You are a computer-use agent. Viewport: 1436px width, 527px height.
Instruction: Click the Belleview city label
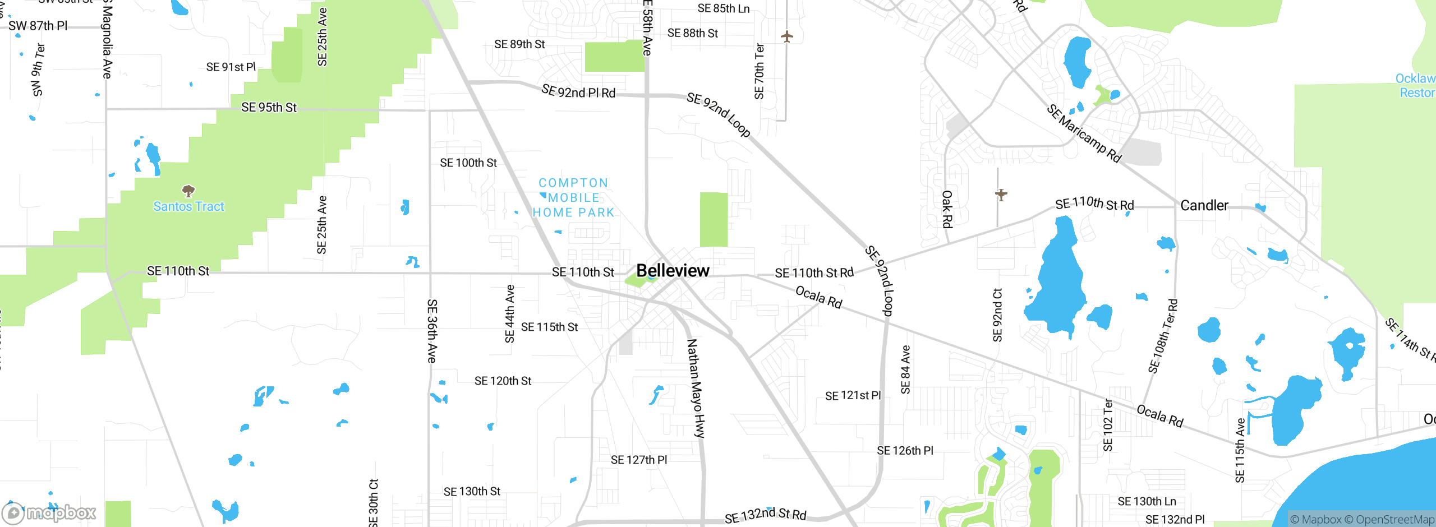tap(673, 271)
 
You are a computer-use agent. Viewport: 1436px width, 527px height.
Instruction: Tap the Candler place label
tap(1204, 206)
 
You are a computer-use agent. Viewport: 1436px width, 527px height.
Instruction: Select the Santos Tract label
tap(188, 206)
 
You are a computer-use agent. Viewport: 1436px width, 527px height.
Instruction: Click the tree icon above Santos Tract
tap(188, 191)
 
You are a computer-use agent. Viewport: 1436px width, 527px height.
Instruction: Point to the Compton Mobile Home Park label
tap(573, 198)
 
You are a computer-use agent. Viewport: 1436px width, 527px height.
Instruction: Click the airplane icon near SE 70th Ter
tap(787, 37)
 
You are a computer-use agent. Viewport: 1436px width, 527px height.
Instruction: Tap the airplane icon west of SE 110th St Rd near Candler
tap(1001, 195)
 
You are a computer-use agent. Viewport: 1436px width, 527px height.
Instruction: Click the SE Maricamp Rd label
tap(1084, 133)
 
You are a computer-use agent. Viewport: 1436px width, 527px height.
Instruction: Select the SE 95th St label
tap(269, 108)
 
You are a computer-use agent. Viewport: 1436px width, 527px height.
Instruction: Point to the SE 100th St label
tap(468, 163)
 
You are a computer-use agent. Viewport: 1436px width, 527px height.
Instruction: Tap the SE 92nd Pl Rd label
tap(578, 91)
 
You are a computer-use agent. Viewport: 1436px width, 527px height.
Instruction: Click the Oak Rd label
tap(947, 209)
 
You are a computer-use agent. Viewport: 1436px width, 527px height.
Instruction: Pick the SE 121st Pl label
tap(853, 396)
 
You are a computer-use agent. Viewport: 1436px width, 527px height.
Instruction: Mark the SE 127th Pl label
tap(639, 460)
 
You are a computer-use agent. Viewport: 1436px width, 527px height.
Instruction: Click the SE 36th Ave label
tap(432, 331)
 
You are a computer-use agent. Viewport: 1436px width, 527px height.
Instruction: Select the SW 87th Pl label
tap(38, 26)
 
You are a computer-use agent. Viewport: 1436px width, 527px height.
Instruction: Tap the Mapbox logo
tap(49, 513)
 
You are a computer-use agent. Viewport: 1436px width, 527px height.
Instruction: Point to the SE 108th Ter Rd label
tap(1163, 336)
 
